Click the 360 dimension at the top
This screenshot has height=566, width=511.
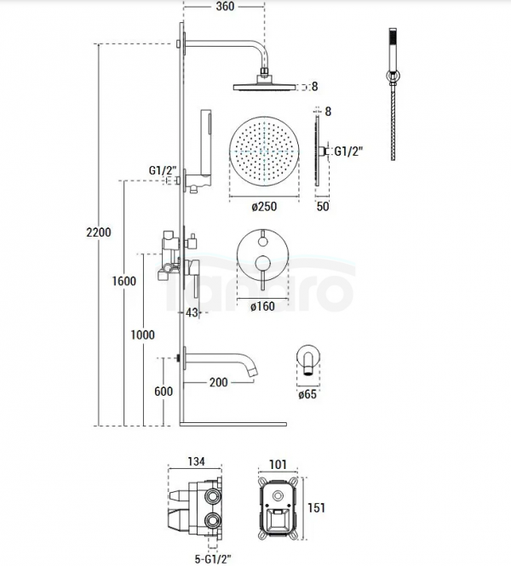225,7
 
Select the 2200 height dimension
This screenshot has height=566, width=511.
99,232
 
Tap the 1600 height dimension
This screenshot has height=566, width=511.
123,281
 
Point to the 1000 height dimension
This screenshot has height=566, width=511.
142,335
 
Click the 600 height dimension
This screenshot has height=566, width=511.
164,392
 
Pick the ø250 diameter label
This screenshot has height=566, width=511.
264,207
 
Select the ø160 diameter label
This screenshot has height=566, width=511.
262,306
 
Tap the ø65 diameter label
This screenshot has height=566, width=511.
307,394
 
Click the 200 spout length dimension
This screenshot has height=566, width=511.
219,382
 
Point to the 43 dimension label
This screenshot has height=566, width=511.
192,312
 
